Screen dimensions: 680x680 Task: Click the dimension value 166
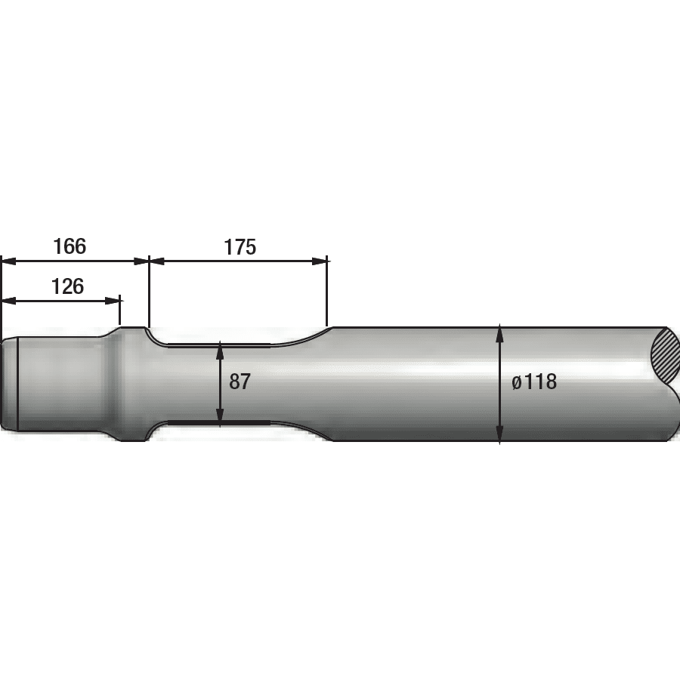(70, 246)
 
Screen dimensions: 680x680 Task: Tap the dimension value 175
(240, 247)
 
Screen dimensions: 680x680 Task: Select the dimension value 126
(68, 286)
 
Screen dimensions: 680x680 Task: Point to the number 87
(240, 382)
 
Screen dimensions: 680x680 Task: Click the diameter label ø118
(534, 382)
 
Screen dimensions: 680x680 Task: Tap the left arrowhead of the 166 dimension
(9, 261)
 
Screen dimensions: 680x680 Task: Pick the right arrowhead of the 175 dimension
(319, 261)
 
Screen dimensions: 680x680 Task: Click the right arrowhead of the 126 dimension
(112, 301)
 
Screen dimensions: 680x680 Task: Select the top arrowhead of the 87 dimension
(221, 349)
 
